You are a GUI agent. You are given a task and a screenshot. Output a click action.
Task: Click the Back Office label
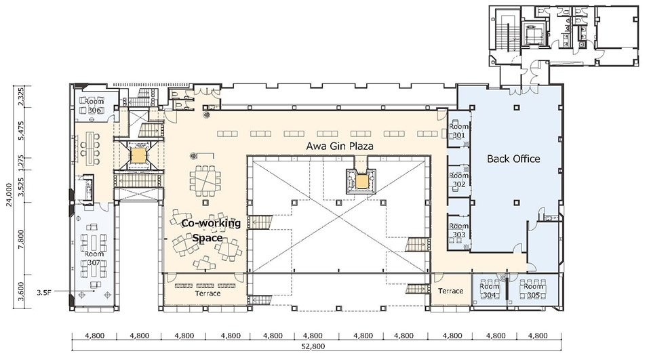coord(513,159)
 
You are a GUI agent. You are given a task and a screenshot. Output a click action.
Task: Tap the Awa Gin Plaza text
coord(340,146)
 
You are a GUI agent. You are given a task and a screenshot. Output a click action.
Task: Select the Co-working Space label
coord(211,231)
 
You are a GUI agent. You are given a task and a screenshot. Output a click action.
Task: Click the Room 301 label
coord(459,131)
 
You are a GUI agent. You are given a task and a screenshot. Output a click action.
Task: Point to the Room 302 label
coord(459,180)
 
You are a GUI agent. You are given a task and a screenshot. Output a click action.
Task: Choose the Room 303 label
coord(459,231)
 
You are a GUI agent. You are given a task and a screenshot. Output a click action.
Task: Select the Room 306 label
coord(94,106)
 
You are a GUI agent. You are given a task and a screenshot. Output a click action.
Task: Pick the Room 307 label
coord(94,258)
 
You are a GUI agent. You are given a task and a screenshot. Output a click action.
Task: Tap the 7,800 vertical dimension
coord(21,238)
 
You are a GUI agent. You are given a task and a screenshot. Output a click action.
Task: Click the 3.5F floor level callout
coord(43,292)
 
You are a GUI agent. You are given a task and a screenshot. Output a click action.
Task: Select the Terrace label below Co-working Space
coord(208,294)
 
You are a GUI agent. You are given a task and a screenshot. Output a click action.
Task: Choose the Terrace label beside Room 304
coord(450,291)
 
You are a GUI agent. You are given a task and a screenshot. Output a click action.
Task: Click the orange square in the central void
coord(362,181)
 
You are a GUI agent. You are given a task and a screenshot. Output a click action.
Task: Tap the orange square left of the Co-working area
coord(138,155)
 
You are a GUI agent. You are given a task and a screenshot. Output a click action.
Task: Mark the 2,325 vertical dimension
coord(21,96)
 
